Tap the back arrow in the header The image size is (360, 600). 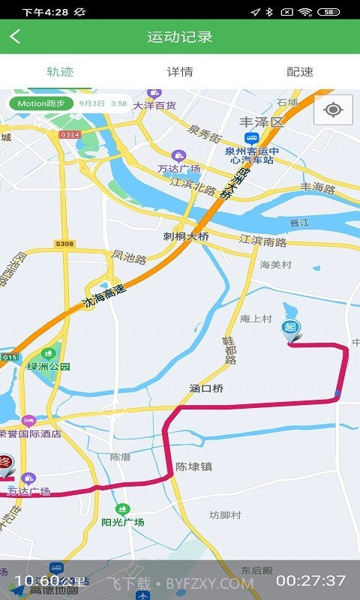point(15,37)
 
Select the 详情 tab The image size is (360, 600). point(180,72)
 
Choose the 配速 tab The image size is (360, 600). point(300,72)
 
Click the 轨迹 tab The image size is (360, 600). point(60,72)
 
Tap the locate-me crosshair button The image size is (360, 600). point(334,110)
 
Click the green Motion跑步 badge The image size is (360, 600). point(40,103)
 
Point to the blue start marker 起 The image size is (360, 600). point(290,328)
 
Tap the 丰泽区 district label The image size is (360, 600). point(262,121)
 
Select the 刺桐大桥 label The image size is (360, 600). point(186,236)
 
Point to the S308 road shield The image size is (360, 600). point(64,244)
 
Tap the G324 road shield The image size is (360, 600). point(69,134)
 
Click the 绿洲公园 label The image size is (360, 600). point(49,366)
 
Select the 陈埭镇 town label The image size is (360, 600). point(193,466)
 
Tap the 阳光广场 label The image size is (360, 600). point(123,521)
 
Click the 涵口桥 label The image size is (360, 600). point(207,388)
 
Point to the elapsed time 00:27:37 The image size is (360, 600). point(310,580)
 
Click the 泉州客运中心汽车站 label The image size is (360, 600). point(252,155)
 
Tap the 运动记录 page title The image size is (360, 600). point(180,37)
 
